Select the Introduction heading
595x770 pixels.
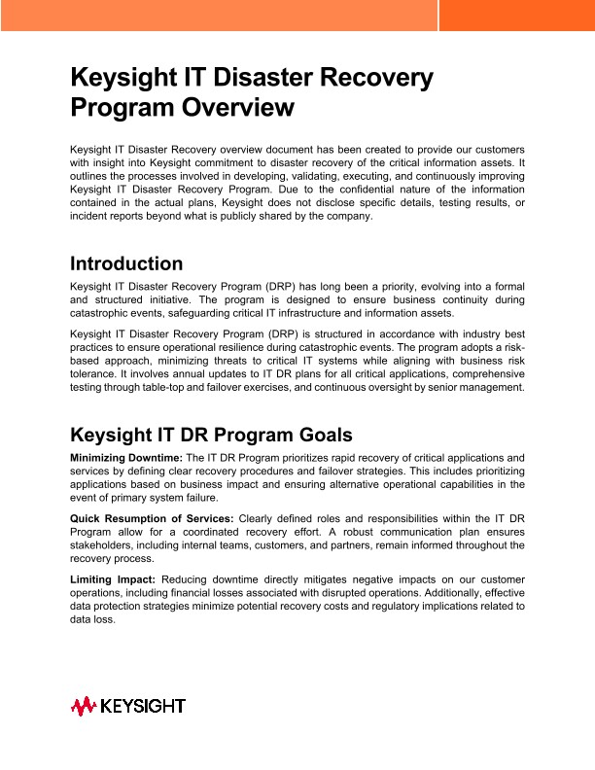coord(126,263)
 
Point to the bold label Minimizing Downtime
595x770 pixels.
coord(126,457)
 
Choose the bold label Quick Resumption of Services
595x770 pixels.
coord(152,518)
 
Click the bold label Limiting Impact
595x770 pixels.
coord(113,579)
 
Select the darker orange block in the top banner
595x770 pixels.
coord(516,16)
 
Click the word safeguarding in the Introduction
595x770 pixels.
coord(220,314)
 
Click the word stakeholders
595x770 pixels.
coord(103,546)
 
